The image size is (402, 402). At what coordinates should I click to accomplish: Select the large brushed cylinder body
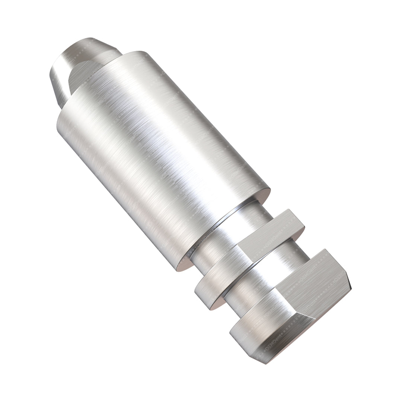(x=156, y=149)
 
